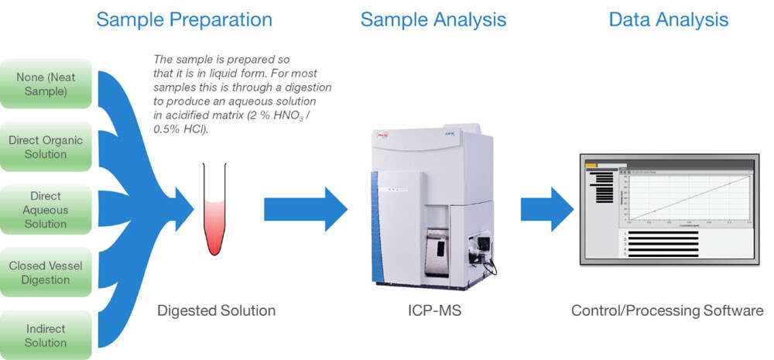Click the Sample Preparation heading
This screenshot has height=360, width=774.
(x=183, y=19)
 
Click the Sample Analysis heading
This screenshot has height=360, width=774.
(x=433, y=19)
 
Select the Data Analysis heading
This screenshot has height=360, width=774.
(x=669, y=19)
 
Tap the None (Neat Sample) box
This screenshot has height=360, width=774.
(x=47, y=84)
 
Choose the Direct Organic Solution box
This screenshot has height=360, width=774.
(x=47, y=147)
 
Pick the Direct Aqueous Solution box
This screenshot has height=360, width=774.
(x=47, y=210)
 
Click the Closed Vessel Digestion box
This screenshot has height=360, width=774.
(x=47, y=273)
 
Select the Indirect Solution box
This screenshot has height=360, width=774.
(x=47, y=335)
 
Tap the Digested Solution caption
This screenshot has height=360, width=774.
(x=216, y=311)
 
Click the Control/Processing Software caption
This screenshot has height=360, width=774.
(x=667, y=311)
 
